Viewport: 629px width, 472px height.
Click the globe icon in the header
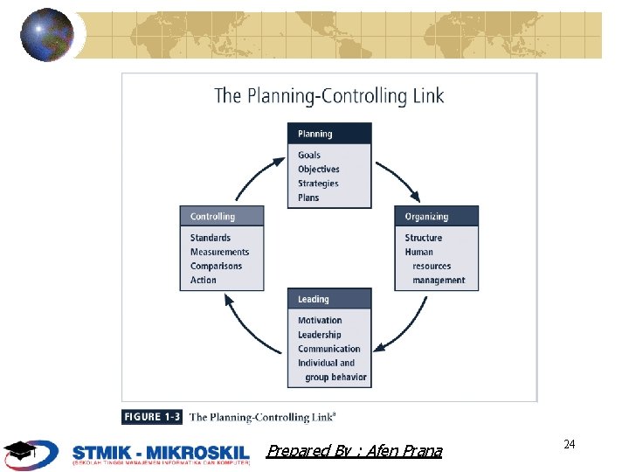pyautogui.click(x=47, y=35)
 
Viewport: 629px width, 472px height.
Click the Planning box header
pyautogui.click(x=329, y=134)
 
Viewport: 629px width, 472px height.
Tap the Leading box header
pyautogui.click(x=329, y=299)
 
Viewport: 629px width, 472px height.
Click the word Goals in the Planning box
pyautogui.click(x=309, y=156)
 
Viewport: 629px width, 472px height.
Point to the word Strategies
pyautogui.click(x=318, y=184)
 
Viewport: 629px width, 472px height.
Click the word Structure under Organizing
pyautogui.click(x=424, y=238)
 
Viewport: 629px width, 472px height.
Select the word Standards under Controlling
pyautogui.click(x=211, y=238)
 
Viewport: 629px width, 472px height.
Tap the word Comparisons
pyautogui.click(x=217, y=266)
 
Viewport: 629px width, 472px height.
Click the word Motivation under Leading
pyautogui.click(x=320, y=321)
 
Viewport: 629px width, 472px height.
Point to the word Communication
pyautogui.click(x=329, y=349)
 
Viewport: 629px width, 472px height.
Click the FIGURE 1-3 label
pyautogui.click(x=153, y=417)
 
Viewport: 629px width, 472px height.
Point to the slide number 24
pyautogui.click(x=570, y=445)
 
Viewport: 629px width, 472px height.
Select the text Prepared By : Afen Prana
pyautogui.click(x=355, y=451)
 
